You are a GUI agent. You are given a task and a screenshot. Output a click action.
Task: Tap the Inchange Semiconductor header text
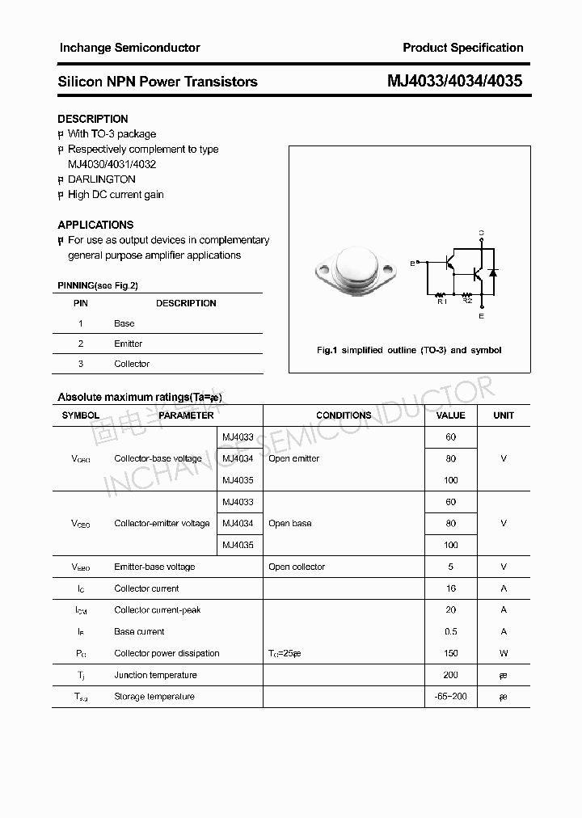(129, 48)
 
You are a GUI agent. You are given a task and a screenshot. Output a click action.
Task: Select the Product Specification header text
(463, 48)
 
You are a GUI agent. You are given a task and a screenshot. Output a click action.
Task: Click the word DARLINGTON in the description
(101, 179)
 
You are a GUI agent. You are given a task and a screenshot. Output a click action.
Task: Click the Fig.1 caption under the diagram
(409, 350)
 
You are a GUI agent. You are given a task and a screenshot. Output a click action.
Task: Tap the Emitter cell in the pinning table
(128, 344)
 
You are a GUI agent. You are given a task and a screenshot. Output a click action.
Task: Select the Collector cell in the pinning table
(132, 364)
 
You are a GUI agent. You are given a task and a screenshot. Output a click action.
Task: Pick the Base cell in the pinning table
(124, 323)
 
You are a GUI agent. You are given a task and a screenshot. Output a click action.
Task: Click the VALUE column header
(450, 415)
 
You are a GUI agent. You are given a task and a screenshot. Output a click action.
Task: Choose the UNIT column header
(504, 415)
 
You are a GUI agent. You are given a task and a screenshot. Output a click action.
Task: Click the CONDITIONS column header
(344, 415)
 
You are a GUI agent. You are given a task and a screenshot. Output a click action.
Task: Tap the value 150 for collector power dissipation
(450, 653)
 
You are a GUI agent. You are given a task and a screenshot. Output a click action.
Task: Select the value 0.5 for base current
(450, 631)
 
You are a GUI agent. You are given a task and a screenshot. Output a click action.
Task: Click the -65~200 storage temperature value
(450, 696)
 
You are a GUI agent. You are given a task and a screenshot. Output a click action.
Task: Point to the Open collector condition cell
(297, 567)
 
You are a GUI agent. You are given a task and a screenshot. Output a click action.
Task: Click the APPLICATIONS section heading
(95, 225)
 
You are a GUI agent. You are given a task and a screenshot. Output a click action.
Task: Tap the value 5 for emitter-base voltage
(450, 567)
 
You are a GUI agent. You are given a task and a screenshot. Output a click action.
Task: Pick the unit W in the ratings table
(504, 653)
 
